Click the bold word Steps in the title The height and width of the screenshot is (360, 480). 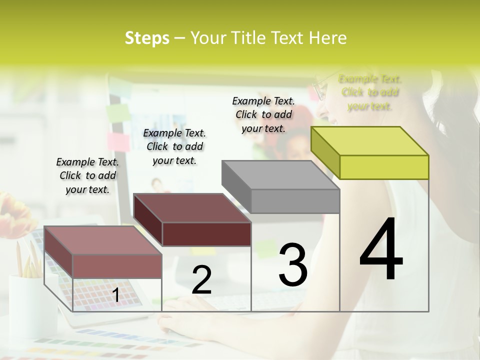(x=147, y=38)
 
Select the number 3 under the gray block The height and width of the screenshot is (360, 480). (x=292, y=265)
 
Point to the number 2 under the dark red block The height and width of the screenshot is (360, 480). (x=201, y=280)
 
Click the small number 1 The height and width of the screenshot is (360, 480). (x=115, y=295)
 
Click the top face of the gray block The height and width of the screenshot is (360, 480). (x=280, y=175)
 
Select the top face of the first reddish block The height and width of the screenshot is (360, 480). (x=102, y=240)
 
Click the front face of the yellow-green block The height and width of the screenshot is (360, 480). (x=384, y=167)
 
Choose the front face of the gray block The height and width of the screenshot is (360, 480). (x=295, y=201)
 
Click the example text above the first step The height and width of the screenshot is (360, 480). (x=87, y=176)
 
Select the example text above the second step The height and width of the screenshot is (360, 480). (x=174, y=146)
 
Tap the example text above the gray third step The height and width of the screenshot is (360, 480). (x=263, y=114)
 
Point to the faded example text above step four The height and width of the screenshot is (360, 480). (x=370, y=92)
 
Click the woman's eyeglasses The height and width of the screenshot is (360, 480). (x=319, y=90)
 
